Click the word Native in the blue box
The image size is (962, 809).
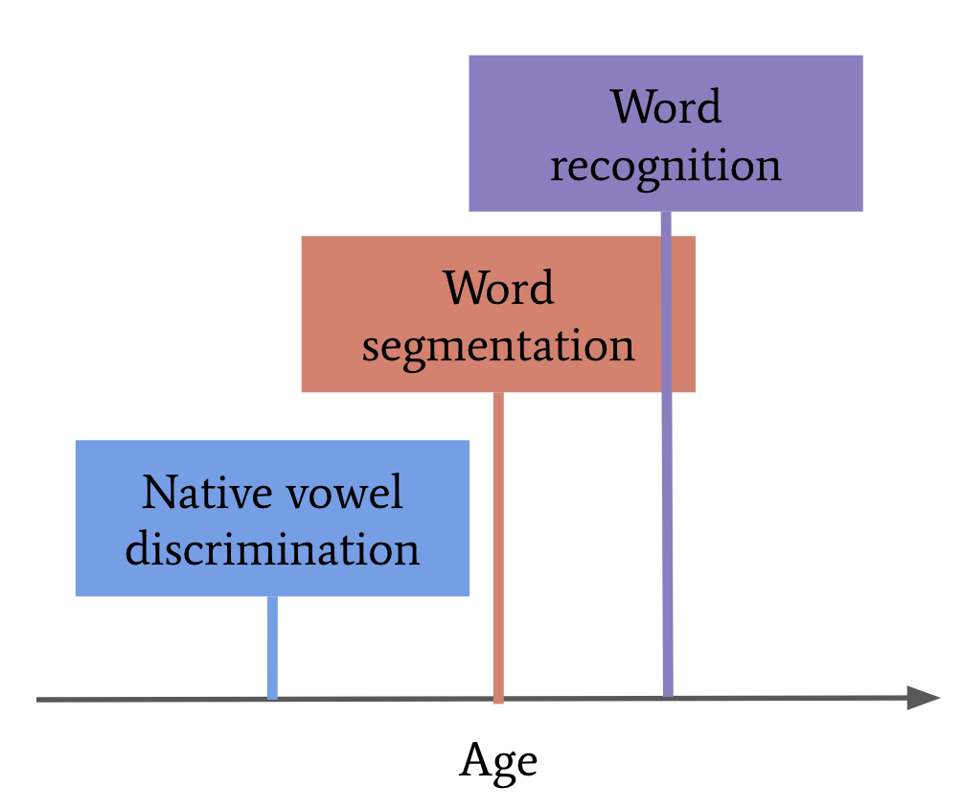pyautogui.click(x=207, y=492)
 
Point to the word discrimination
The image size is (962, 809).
pyautogui.click(x=272, y=548)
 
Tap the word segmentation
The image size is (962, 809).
pyautogui.click(x=498, y=347)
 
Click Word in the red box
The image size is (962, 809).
pyautogui.click(x=499, y=288)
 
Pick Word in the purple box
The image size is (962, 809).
pyautogui.click(x=666, y=106)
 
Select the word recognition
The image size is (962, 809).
pyautogui.click(x=666, y=167)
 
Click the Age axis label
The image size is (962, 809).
pyautogui.click(x=498, y=762)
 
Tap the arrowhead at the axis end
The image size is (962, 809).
pyautogui.click(x=924, y=698)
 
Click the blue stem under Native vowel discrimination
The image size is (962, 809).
pyautogui.click(x=272, y=647)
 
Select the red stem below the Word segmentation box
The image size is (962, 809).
pyautogui.click(x=499, y=547)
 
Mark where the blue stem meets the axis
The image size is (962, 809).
pyautogui.click(x=272, y=699)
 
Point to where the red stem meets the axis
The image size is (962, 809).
pyautogui.click(x=499, y=699)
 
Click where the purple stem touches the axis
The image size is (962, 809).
pyautogui.click(x=668, y=697)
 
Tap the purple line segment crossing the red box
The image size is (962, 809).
pyautogui.click(x=667, y=313)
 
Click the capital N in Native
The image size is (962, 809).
pyautogui.click(x=158, y=492)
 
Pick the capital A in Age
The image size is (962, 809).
pyautogui.click(x=475, y=759)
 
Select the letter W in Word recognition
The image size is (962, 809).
pyautogui.click(x=633, y=106)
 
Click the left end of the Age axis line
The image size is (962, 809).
pyautogui.click(x=36, y=700)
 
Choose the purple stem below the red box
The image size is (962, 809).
pyautogui.click(x=668, y=543)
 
